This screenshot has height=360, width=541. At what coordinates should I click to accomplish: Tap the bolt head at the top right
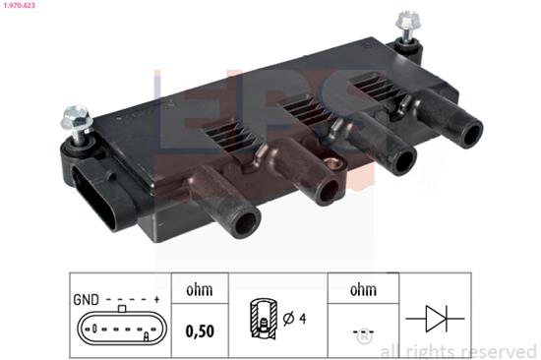(408, 19)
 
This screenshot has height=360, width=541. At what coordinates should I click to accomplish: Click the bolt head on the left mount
(77, 118)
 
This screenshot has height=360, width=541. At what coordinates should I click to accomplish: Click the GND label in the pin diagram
(86, 300)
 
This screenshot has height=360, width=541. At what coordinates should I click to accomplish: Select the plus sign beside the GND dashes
(156, 299)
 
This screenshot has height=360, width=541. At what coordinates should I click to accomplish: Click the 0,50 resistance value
(200, 331)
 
